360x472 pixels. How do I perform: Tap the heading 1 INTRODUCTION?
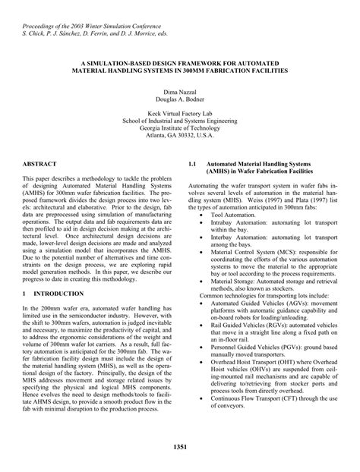[x=54, y=293]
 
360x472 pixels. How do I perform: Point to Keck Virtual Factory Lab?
[x=179, y=112]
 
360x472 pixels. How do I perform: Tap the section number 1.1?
[x=192, y=163]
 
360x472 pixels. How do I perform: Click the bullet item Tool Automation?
[x=226, y=216]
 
